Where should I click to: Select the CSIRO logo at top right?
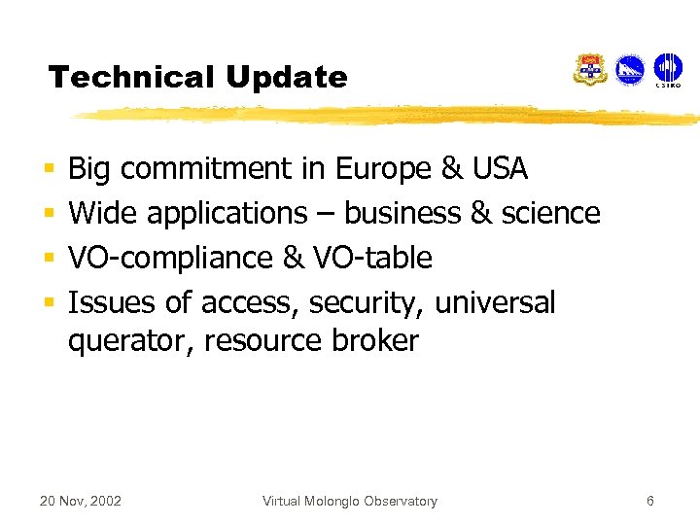click(x=668, y=70)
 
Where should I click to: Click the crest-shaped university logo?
click(x=590, y=70)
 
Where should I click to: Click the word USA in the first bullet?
click(x=499, y=169)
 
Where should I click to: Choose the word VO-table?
click(x=372, y=258)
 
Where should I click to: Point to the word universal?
click(x=495, y=302)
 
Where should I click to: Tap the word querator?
click(x=129, y=341)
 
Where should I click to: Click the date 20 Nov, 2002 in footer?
click(x=80, y=501)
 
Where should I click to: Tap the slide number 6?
click(x=650, y=501)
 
